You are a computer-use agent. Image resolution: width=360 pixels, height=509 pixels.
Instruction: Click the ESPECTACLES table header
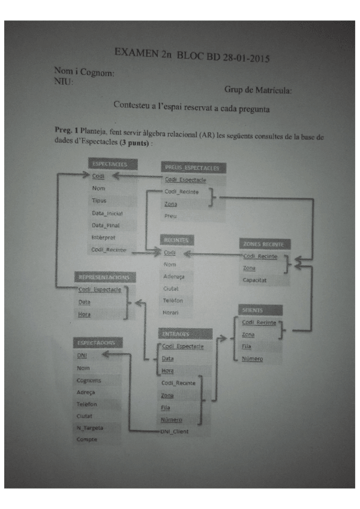click(112, 163)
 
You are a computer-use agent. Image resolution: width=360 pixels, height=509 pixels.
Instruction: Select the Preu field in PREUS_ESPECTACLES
click(171, 216)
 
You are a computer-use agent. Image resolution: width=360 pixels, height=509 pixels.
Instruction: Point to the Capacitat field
click(256, 280)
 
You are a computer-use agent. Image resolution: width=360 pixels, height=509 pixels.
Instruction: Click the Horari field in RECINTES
click(173, 313)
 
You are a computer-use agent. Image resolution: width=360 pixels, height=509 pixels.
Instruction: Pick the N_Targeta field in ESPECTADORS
click(91, 428)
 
